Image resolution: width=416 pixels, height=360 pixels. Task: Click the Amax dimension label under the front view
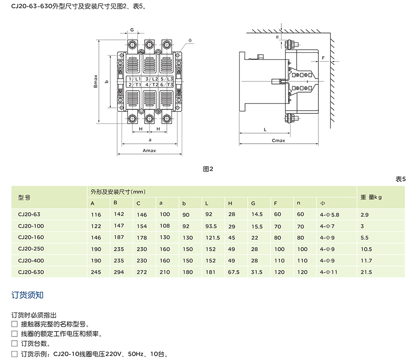point(149,150)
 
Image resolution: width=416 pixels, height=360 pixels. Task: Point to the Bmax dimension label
point(96,82)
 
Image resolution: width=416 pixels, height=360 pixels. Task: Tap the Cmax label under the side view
point(279,140)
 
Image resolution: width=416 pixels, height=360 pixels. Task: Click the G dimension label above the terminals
point(132,30)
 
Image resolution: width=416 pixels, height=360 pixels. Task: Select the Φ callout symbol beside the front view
point(190,40)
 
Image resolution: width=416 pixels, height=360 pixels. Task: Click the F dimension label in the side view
point(324,58)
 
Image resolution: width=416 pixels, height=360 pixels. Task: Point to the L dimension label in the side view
point(265,129)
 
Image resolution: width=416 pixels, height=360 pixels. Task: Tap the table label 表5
point(401,179)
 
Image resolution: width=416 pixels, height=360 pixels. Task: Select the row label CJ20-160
point(30,237)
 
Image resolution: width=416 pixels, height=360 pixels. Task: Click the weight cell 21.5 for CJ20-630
point(366,272)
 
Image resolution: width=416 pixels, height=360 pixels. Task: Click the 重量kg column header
point(371,197)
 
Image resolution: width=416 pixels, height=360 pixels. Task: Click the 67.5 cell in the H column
point(234,272)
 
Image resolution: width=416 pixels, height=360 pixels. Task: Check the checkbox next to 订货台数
point(14,343)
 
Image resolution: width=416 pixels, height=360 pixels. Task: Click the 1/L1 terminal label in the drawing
point(134,79)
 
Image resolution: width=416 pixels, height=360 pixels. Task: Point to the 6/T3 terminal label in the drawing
point(167,84)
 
